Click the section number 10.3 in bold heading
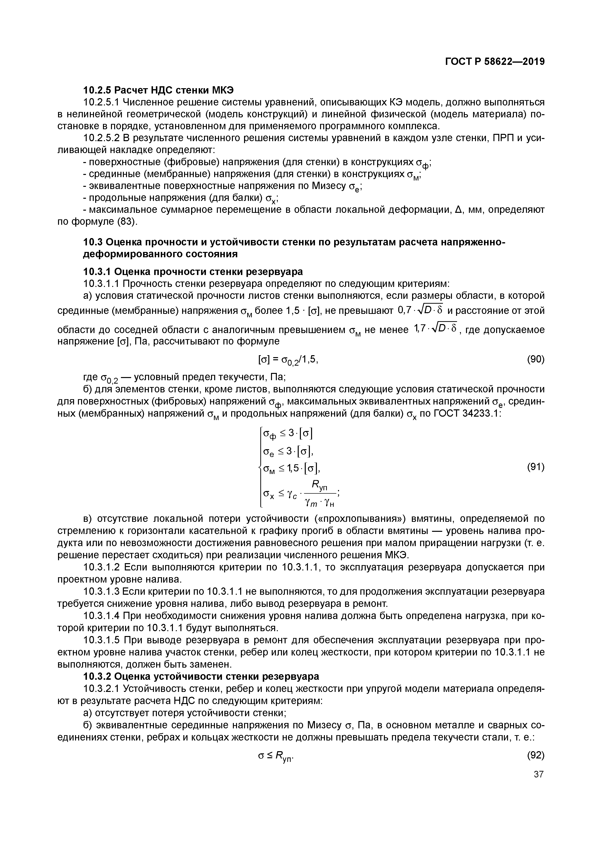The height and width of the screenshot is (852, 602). pos(91,242)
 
